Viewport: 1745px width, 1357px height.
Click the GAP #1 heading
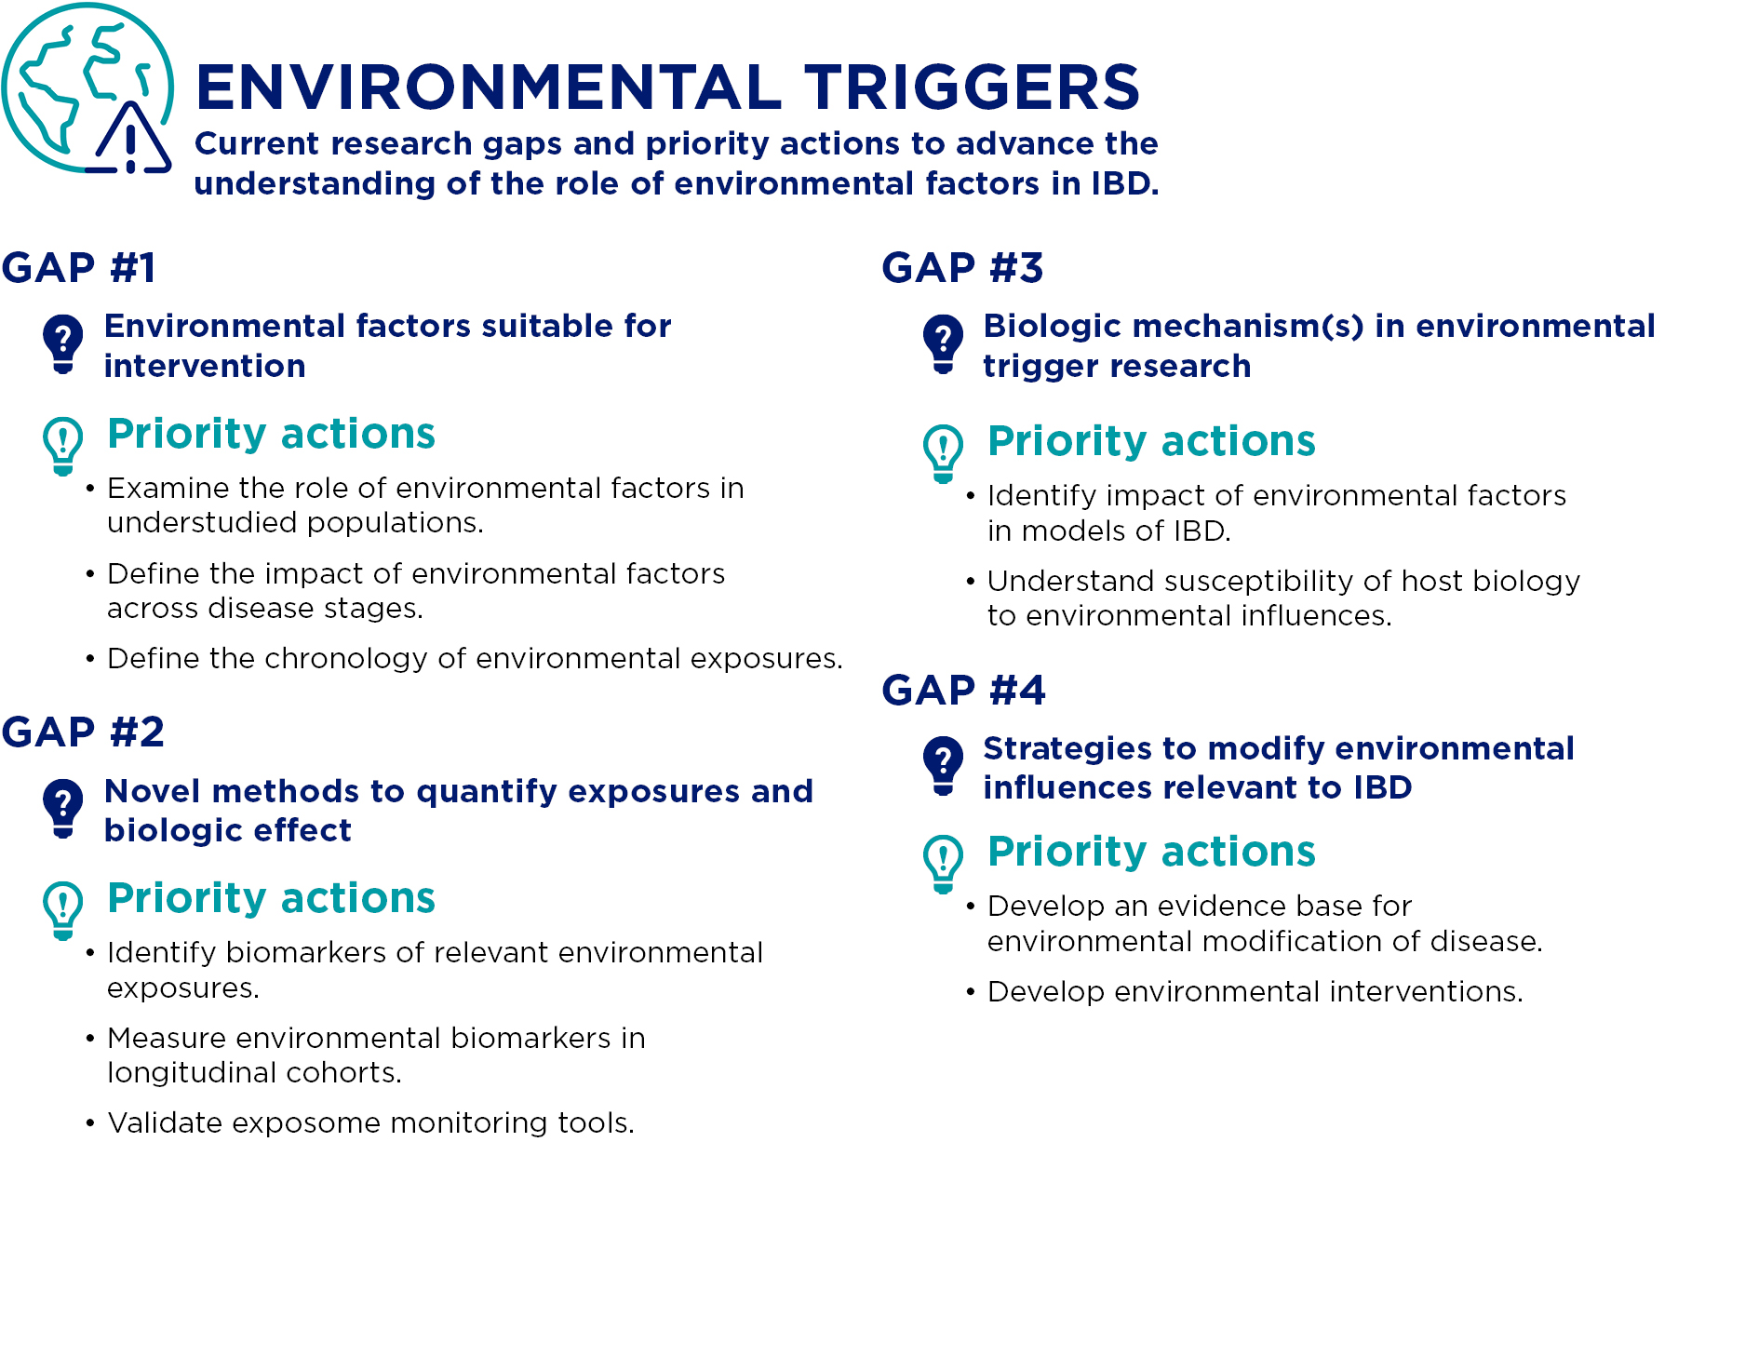(x=78, y=268)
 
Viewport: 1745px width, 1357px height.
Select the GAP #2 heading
(x=83, y=732)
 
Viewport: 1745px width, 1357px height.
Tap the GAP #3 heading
(x=962, y=268)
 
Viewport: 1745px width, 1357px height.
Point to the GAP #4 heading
(x=963, y=691)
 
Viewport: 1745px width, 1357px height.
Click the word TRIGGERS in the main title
(x=973, y=87)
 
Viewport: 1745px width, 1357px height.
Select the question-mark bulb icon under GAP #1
(x=63, y=343)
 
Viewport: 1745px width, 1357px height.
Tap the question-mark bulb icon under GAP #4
(x=943, y=765)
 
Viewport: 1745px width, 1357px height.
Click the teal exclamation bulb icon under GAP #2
(x=63, y=910)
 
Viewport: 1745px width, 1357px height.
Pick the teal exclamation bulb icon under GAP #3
(x=943, y=453)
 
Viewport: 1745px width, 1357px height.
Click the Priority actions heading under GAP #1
(x=271, y=435)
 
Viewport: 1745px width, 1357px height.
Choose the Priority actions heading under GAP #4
(x=1151, y=853)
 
